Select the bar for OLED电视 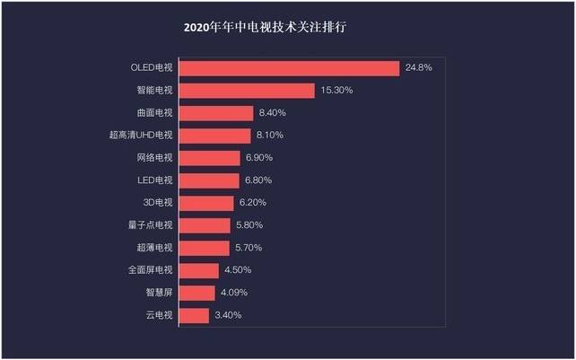(289, 68)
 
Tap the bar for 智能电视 (247, 91)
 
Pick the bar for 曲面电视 (216, 113)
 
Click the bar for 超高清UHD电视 (214, 136)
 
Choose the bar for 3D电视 (207, 203)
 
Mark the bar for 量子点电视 (205, 225)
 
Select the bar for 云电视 (194, 315)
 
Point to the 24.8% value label (419, 68)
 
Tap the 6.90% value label (260, 158)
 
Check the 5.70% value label (250, 248)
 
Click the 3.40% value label (228, 315)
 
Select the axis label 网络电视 (155, 158)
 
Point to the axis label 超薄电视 (155, 248)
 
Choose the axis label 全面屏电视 (151, 270)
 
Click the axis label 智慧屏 (159, 293)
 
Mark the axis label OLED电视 (149, 68)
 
